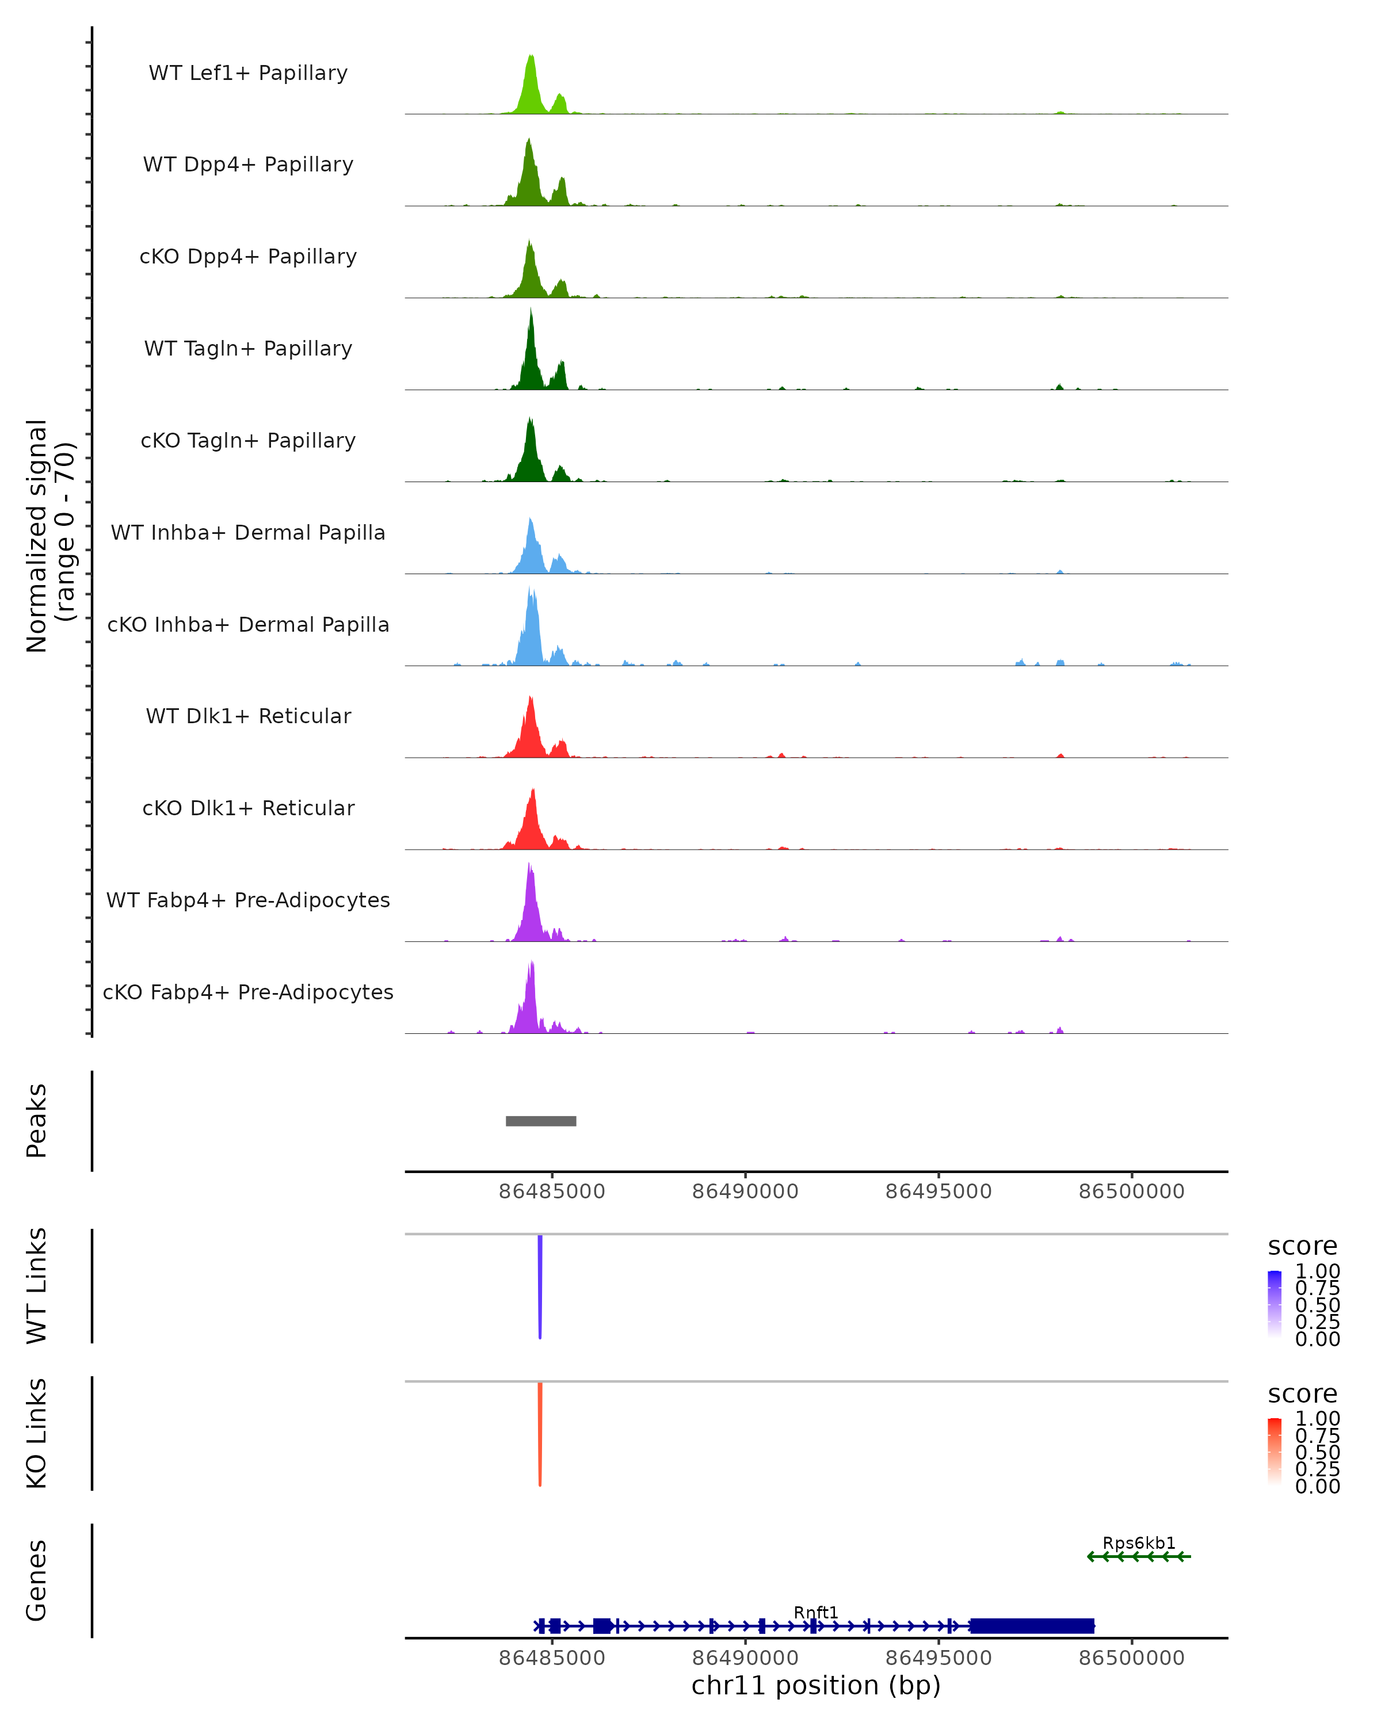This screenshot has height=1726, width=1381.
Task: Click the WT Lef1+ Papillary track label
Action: (x=248, y=73)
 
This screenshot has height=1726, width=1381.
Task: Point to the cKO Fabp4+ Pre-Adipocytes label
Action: (x=248, y=992)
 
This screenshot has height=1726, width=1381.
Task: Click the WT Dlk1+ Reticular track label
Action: (x=248, y=716)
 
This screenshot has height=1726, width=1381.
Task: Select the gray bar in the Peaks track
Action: (x=541, y=1121)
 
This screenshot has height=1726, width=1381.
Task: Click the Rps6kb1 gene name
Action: (x=1138, y=1542)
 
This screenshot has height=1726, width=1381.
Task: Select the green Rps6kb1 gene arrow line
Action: (x=1138, y=1557)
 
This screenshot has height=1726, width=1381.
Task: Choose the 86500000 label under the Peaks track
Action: (x=1131, y=1192)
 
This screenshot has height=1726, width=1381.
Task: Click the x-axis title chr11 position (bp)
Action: (x=816, y=1685)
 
